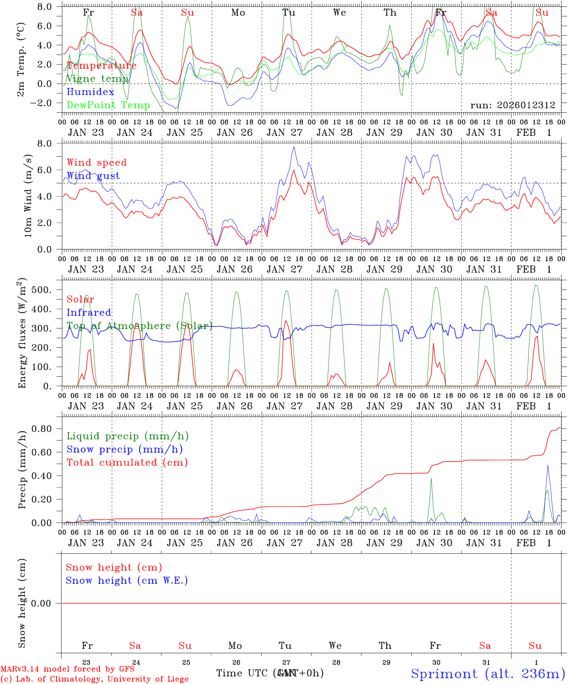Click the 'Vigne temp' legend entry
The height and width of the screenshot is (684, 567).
(x=97, y=79)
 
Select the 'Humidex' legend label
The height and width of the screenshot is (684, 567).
(x=91, y=92)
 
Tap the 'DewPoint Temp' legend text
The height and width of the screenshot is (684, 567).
(x=108, y=105)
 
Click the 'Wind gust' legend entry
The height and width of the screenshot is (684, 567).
(x=93, y=176)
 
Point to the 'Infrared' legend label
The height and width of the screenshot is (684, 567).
(x=89, y=313)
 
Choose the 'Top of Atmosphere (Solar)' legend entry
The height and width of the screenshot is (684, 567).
(x=139, y=326)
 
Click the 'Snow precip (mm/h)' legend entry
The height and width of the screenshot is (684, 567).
(x=124, y=449)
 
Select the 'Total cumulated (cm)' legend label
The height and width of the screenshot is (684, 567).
(x=127, y=463)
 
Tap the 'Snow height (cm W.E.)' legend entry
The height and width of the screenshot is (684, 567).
(x=127, y=580)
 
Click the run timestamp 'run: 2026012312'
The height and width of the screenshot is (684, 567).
(x=512, y=105)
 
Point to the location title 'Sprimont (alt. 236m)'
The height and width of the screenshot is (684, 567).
(x=488, y=674)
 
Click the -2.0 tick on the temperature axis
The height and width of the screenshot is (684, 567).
(x=44, y=103)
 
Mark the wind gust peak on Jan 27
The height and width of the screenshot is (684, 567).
(x=294, y=147)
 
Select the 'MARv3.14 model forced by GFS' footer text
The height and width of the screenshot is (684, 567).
(x=67, y=669)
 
